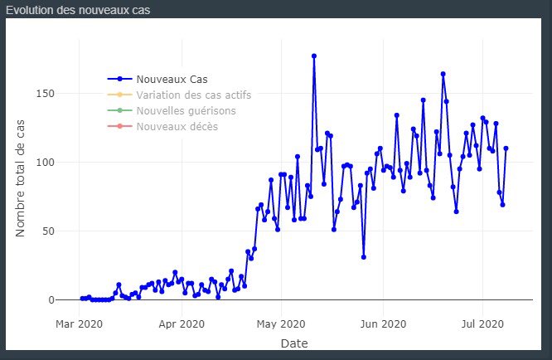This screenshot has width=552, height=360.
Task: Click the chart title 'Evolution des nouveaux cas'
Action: [78, 10]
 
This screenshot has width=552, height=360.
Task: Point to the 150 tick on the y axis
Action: [46, 94]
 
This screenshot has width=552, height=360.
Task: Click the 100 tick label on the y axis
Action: [46, 163]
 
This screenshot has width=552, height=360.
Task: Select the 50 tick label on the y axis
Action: [49, 231]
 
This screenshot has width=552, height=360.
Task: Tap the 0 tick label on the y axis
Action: [51, 300]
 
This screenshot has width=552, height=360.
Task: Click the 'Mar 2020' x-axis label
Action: [79, 324]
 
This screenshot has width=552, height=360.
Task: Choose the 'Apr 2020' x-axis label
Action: [182, 324]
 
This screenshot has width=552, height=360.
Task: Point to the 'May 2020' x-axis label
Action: [281, 324]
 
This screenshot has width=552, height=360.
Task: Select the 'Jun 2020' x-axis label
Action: [383, 324]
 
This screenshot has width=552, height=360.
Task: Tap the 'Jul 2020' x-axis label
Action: [482, 324]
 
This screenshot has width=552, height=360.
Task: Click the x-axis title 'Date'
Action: [294, 343]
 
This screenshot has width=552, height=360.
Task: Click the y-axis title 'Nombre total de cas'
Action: [20, 178]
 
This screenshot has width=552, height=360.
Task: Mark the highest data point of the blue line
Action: [314, 56]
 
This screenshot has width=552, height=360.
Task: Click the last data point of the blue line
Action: [506, 148]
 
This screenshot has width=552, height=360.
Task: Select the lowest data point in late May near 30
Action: [364, 257]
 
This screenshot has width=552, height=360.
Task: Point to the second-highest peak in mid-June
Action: [443, 74]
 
